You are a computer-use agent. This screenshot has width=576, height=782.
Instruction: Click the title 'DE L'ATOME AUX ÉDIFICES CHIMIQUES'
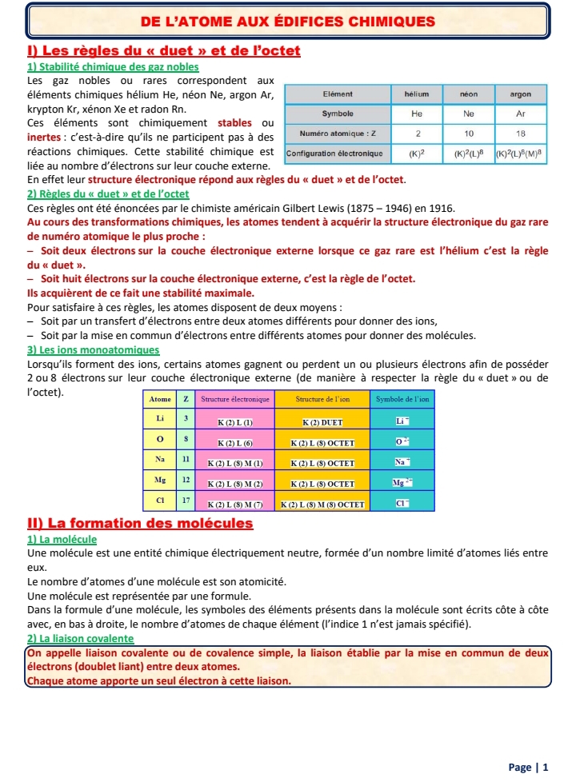[x=287, y=21]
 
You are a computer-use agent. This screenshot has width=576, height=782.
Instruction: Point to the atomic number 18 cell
[x=521, y=133]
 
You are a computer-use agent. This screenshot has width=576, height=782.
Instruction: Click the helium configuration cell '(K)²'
[x=417, y=152]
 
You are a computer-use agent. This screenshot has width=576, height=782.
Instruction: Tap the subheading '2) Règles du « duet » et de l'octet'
[x=108, y=194]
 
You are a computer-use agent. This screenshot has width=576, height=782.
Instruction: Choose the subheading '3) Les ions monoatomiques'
[x=93, y=349]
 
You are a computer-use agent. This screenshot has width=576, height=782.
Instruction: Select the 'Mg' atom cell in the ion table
[x=161, y=481]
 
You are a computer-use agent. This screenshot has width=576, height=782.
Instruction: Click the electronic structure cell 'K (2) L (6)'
[x=236, y=441]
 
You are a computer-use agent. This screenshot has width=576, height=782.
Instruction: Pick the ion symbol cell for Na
[x=402, y=461]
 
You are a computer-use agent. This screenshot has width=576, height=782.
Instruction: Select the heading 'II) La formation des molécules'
[x=140, y=524]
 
